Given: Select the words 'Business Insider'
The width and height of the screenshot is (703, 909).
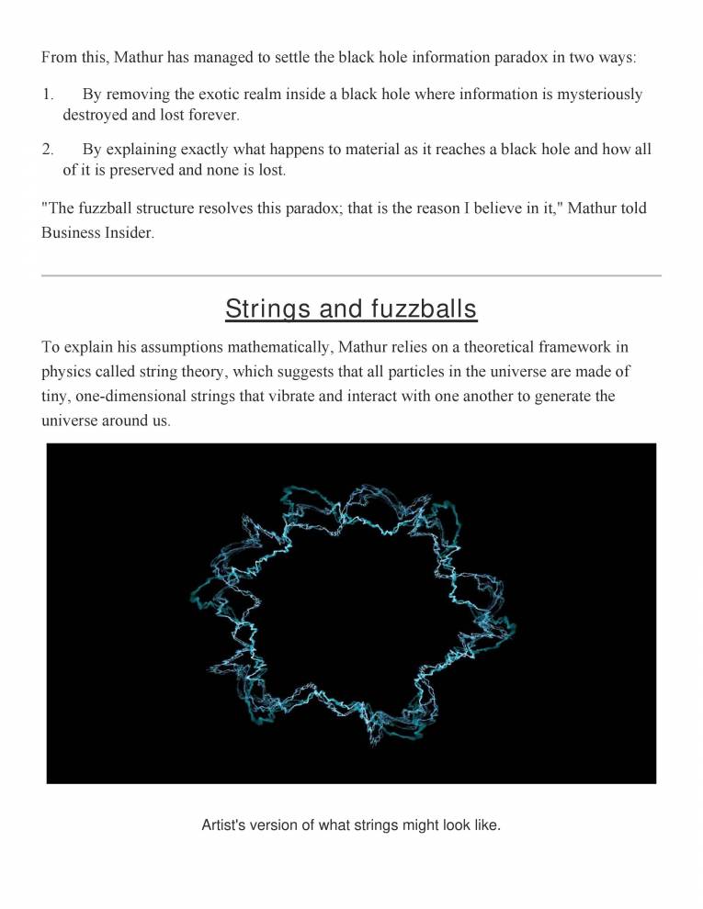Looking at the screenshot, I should (96, 232).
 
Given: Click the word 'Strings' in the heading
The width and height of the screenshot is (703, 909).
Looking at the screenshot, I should (269, 309).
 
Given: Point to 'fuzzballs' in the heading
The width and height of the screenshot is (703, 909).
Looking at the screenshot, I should (424, 309).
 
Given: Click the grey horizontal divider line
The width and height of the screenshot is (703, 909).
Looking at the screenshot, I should (351, 275).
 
